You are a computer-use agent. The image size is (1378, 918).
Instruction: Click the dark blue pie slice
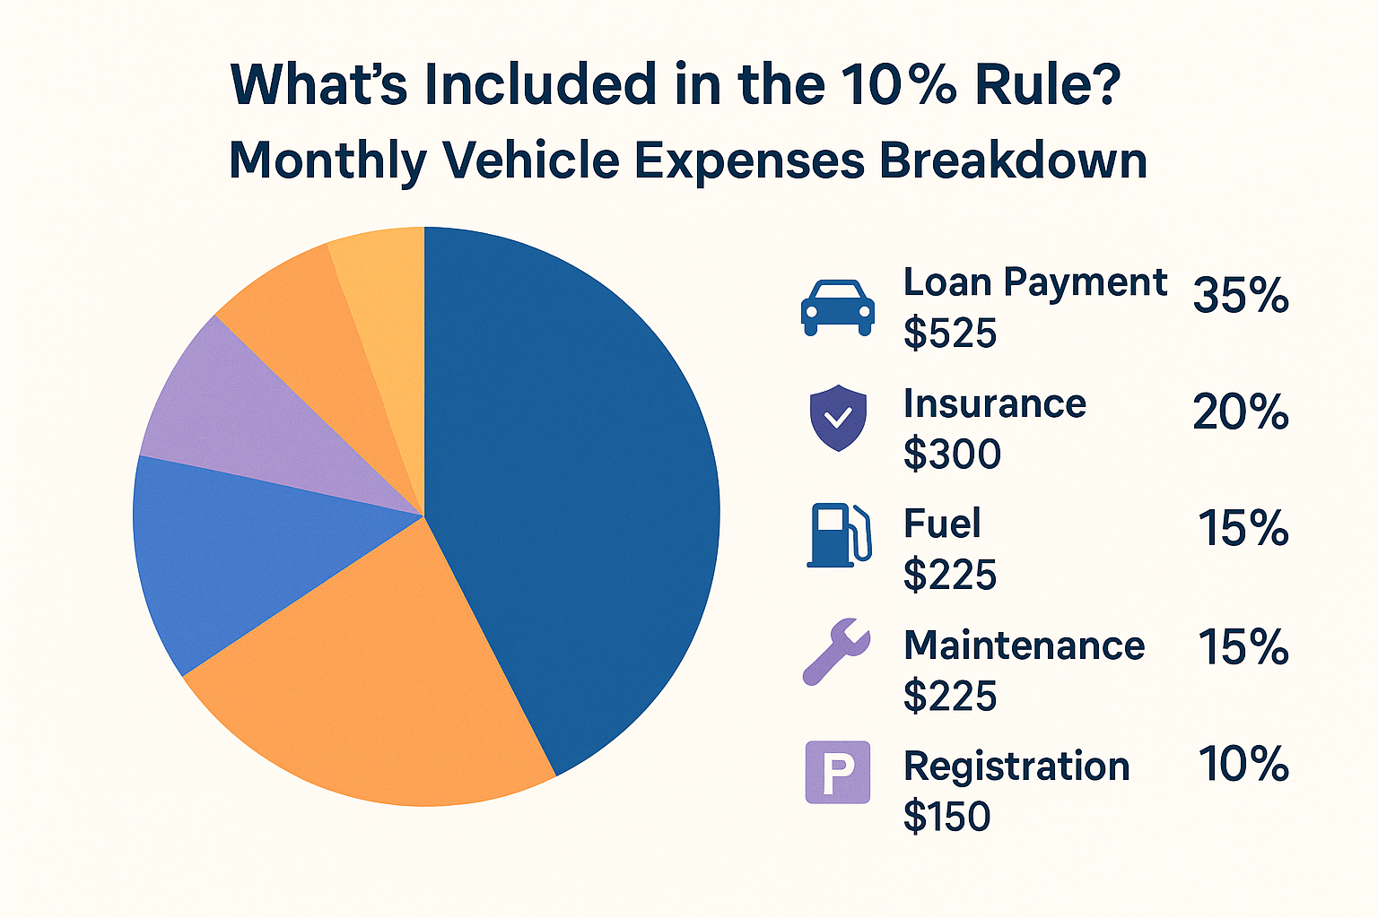(574, 502)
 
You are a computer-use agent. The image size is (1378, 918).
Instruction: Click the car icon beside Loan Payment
(837, 307)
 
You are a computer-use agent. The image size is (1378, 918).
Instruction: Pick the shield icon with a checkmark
(838, 418)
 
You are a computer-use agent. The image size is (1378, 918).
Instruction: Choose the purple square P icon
(838, 772)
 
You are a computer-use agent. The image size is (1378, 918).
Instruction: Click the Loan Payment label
(1034, 283)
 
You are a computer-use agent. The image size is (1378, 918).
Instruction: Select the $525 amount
(950, 333)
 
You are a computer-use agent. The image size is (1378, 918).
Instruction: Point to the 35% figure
(1241, 296)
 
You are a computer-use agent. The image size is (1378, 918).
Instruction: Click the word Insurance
(995, 403)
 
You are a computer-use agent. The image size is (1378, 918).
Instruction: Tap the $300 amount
(952, 454)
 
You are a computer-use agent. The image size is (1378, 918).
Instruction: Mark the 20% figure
(1241, 413)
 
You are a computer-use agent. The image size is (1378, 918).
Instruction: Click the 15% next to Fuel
(1243, 529)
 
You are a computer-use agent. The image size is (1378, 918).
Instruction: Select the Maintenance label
(1024, 645)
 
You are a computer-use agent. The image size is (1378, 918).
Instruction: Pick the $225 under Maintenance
(950, 696)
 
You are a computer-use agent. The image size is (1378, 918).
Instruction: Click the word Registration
(1016, 766)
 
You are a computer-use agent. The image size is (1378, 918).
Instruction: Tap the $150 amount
(947, 817)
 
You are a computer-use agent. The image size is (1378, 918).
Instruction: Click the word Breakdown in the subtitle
(1013, 161)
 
